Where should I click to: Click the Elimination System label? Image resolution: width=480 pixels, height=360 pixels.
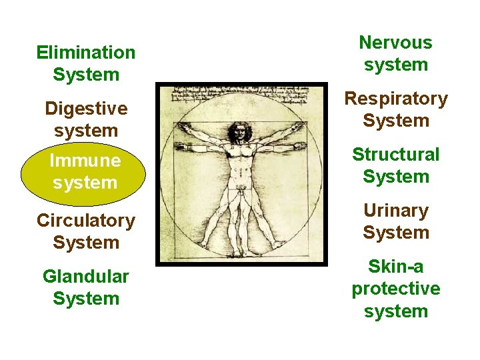(85, 63)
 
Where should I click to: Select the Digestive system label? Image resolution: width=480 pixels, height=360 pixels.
(85, 119)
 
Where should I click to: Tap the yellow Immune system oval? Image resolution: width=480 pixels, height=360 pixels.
(85, 171)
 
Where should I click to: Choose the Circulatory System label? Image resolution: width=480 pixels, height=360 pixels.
(85, 231)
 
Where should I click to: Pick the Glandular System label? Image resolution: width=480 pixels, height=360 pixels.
(85, 287)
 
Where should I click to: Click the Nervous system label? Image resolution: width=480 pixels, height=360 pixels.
(395, 54)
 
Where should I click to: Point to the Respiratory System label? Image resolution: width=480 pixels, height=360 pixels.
(395, 110)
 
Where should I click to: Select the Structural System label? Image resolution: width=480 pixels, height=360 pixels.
(395, 166)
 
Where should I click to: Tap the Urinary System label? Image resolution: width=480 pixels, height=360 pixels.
(395, 222)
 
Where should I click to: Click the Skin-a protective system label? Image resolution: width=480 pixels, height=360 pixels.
(395, 289)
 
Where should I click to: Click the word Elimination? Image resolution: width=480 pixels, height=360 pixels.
(85, 52)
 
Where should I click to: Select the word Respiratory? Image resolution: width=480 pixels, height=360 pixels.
(395, 99)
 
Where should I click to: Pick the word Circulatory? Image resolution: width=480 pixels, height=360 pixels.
(85, 221)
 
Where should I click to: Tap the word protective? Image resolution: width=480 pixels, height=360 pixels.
(395, 289)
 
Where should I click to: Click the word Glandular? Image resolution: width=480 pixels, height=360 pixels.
(85, 276)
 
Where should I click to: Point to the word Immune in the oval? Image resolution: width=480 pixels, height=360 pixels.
(85, 161)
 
